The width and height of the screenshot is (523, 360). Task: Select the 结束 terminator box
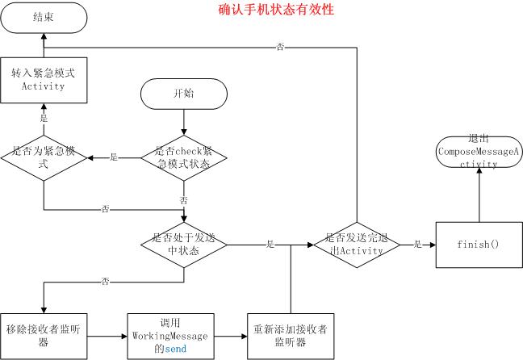pos(44,18)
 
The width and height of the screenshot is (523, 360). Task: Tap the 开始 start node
pos(184,94)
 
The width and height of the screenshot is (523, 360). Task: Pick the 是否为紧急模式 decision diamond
pos(44,157)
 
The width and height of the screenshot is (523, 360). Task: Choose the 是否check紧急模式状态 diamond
pos(184,157)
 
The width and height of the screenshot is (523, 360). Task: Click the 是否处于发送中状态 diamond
pos(184,243)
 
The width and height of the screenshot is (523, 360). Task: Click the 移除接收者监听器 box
pos(44,335)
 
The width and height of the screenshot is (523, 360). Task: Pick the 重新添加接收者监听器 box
pos(290,335)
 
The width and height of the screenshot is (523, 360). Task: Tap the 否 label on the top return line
pos(280,48)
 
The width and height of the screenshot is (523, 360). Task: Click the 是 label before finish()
pos(417,243)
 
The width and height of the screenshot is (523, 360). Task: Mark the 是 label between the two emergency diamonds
pos(113,157)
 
